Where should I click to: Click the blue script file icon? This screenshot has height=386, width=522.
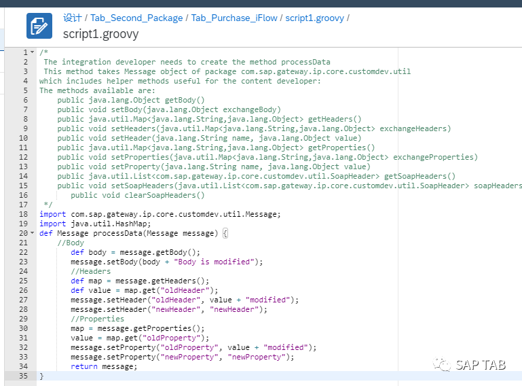[x=39, y=26]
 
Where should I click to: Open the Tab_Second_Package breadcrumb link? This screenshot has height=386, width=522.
[x=136, y=18]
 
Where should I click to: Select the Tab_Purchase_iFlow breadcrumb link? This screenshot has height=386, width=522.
[x=234, y=18]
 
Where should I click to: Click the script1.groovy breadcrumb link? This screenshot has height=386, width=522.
[x=314, y=18]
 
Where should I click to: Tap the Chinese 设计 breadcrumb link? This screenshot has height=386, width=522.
[x=73, y=18]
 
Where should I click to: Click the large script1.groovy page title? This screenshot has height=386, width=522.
[x=101, y=34]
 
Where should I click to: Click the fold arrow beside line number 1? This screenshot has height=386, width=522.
[x=33, y=52]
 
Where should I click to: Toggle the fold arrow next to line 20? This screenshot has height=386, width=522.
[x=33, y=233]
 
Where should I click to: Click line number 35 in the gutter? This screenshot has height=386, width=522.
[x=23, y=376]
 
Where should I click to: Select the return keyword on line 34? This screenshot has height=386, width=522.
[x=84, y=367]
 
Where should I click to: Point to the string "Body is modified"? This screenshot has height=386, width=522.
[x=214, y=262]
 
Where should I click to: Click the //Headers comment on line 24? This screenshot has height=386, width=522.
[x=90, y=271]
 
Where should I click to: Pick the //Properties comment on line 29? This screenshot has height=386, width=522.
[x=97, y=319]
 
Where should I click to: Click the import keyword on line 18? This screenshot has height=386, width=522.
[x=52, y=214]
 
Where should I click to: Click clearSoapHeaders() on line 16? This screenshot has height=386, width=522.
[x=164, y=195]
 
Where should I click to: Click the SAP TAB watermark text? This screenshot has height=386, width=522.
[x=481, y=366]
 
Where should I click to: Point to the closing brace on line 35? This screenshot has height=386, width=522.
[x=41, y=376]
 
